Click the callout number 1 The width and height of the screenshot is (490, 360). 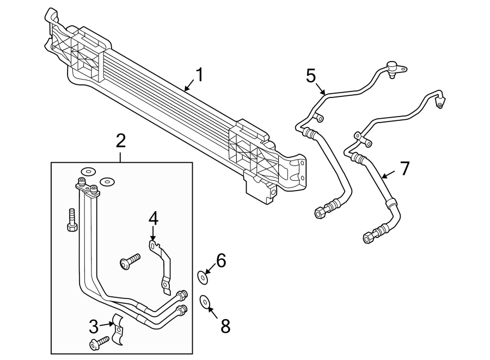[199, 75]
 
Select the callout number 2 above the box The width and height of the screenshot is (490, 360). [121, 141]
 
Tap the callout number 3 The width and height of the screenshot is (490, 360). [94, 327]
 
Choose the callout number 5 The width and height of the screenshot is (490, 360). [311, 75]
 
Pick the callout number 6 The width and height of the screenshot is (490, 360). [220, 261]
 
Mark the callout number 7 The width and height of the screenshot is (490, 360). [404, 169]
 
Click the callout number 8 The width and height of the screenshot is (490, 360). [225, 326]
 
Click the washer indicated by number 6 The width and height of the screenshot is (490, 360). [203, 277]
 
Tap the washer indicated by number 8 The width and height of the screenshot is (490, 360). [205, 301]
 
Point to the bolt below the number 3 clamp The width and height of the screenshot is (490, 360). [99, 343]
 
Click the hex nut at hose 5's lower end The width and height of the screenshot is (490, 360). [320, 211]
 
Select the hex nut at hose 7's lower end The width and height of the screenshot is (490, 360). [368, 237]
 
